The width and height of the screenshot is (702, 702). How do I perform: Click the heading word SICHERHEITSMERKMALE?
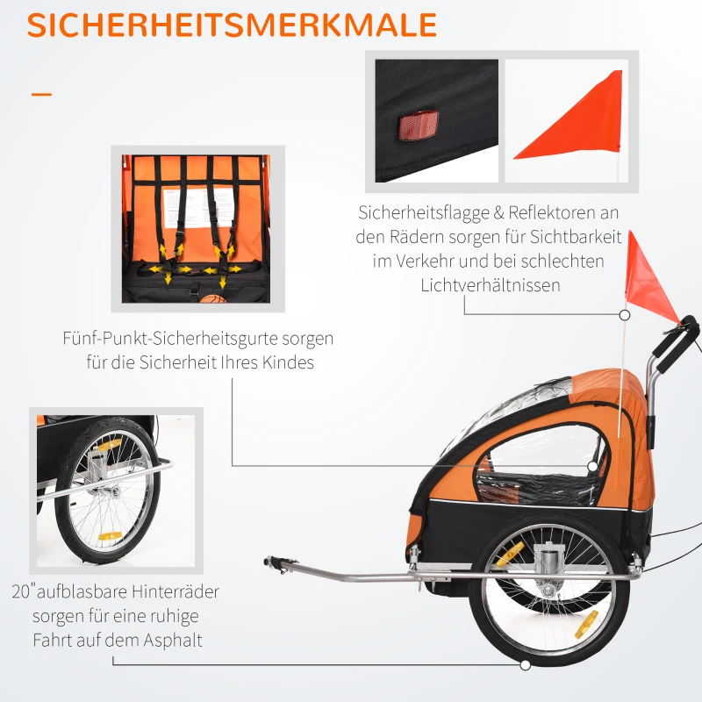[232, 25]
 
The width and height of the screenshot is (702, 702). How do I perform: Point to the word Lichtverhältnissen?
[491, 284]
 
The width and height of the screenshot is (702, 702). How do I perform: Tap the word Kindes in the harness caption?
[286, 362]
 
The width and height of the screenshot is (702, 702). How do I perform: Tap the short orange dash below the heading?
[41, 94]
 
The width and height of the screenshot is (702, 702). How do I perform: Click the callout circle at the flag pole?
[624, 313]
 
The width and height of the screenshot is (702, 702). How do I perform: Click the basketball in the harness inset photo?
[210, 299]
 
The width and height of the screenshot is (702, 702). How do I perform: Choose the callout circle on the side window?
[593, 466]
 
